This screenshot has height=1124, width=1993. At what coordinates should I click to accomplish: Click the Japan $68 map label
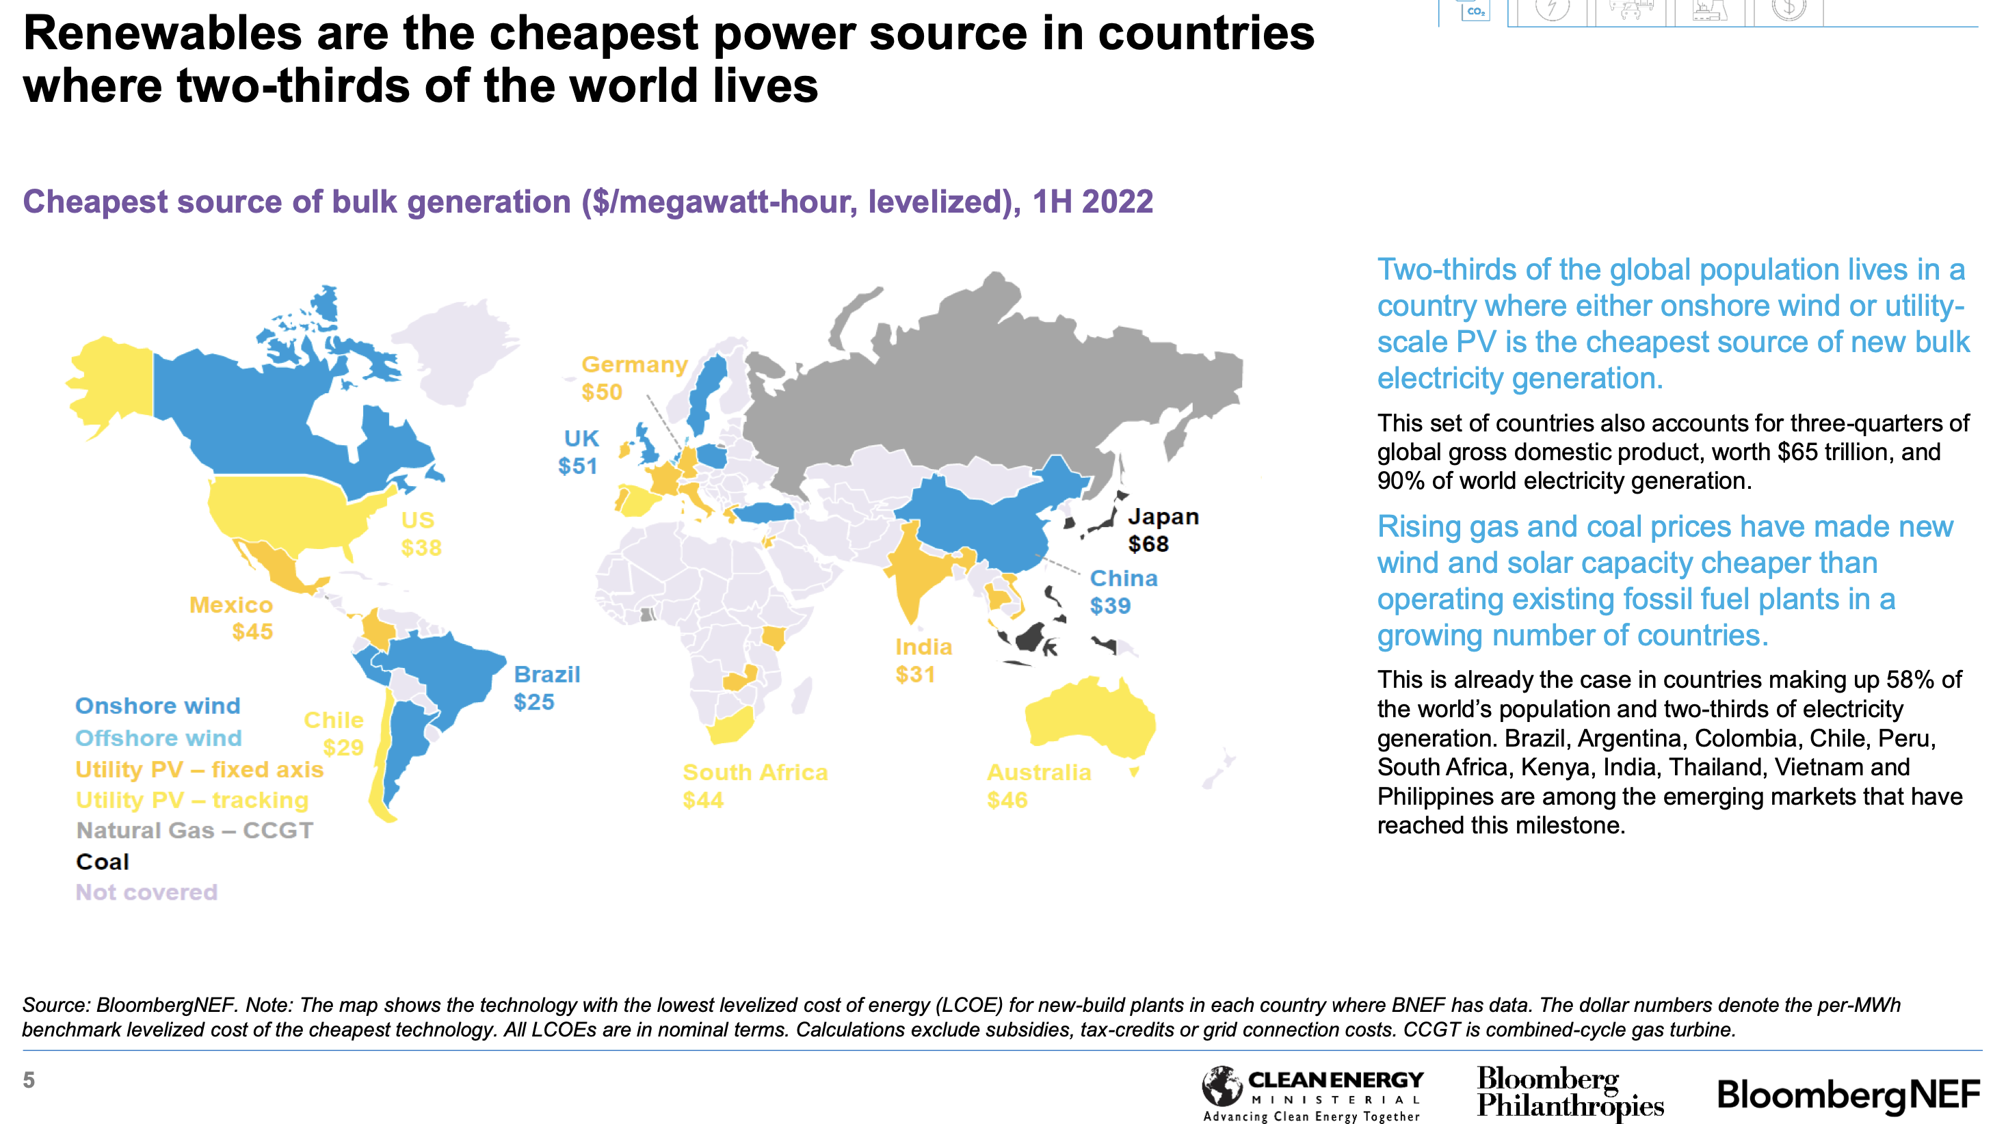[x=1162, y=530]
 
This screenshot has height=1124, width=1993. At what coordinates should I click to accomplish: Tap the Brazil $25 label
[x=546, y=688]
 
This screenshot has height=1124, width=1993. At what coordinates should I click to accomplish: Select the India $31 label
[x=923, y=660]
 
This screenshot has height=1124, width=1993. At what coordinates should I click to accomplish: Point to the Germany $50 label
[x=633, y=377]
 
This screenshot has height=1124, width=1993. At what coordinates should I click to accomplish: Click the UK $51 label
[x=579, y=452]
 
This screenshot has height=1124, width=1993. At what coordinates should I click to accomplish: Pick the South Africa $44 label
[x=754, y=785]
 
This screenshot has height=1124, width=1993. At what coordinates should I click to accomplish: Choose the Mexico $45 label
[x=231, y=617]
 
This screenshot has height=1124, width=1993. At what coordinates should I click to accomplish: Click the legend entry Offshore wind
[x=159, y=737]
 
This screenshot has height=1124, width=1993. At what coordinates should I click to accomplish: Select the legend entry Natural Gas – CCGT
[x=194, y=830]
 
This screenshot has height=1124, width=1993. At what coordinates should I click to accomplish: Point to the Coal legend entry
[x=102, y=861]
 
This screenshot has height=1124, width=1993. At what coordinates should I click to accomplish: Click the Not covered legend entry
[x=146, y=892]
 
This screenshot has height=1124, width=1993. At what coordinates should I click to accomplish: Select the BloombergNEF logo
[x=1847, y=1094]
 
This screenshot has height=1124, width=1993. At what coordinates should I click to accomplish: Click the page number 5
[x=29, y=1080]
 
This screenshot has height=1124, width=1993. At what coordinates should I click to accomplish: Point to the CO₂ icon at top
[x=1475, y=11]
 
